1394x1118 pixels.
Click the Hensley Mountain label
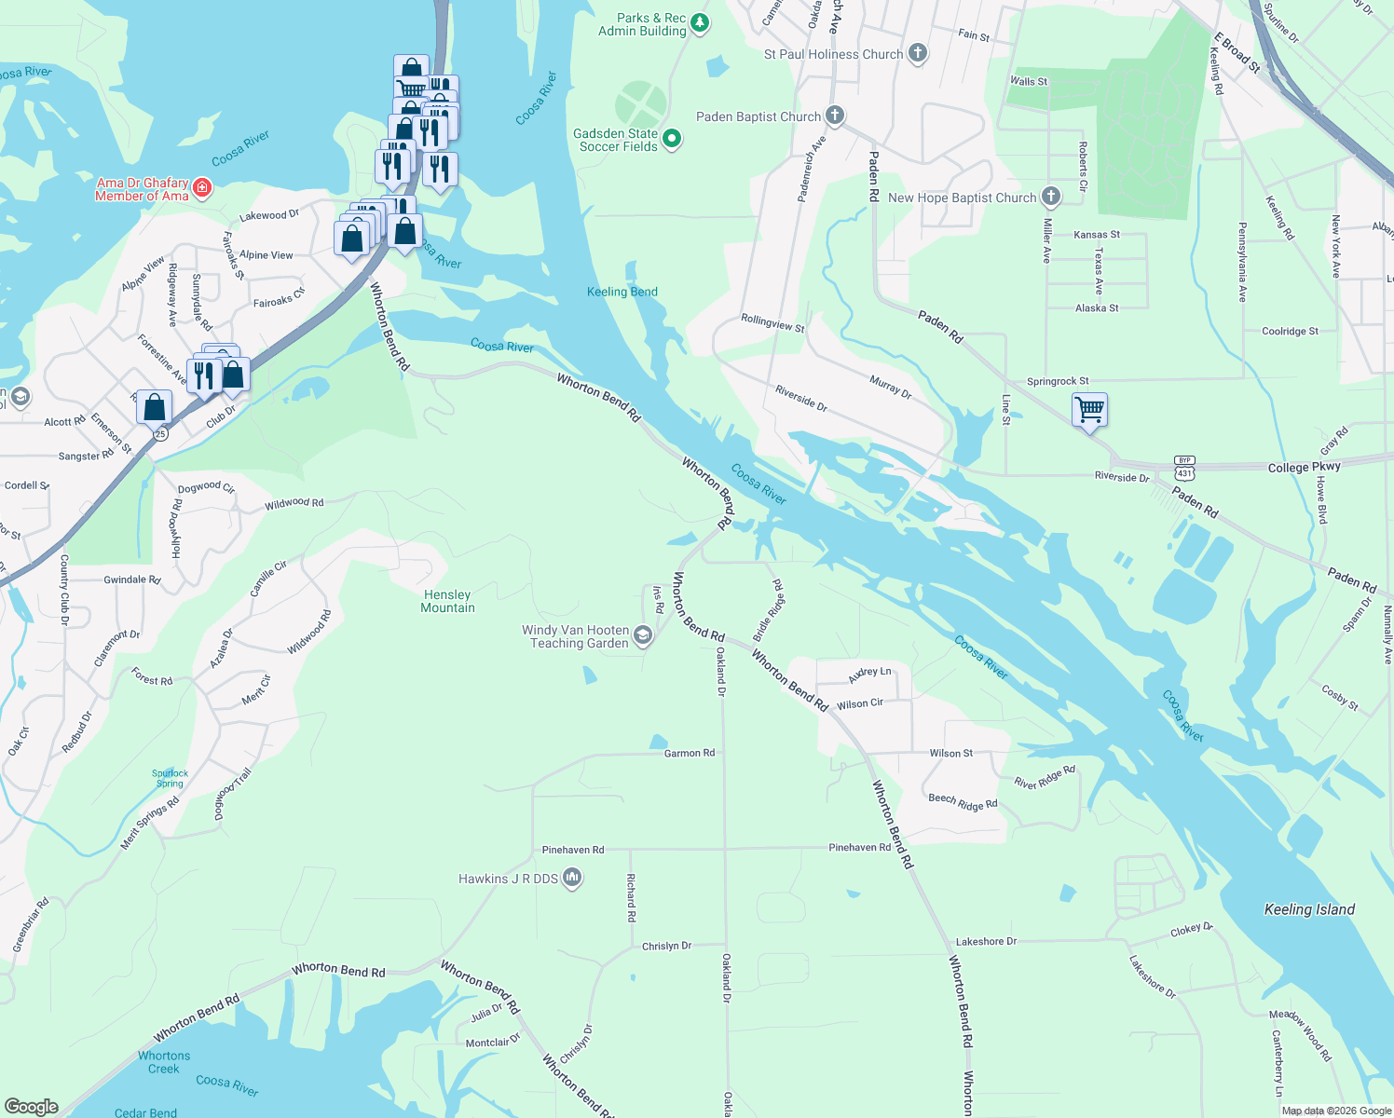pyautogui.click(x=447, y=601)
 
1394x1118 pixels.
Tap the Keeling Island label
pyautogui.click(x=1309, y=909)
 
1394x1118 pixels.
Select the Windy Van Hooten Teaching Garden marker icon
pyautogui.click(x=642, y=635)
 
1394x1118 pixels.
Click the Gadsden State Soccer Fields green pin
pyautogui.click(x=671, y=140)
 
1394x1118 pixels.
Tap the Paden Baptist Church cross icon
pyautogui.click(x=835, y=116)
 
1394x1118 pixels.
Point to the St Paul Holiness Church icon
pyautogui.click(x=918, y=53)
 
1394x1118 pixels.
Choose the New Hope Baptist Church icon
pyautogui.click(x=1051, y=197)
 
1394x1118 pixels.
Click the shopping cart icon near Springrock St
pyautogui.click(x=1089, y=409)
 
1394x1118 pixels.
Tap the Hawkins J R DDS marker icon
pyautogui.click(x=572, y=878)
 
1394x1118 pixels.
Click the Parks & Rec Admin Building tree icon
pyautogui.click(x=700, y=23)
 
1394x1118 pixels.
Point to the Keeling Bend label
pyautogui.click(x=622, y=292)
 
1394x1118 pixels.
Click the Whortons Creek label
pyautogui.click(x=164, y=1062)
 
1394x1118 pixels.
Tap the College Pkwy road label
pyautogui.click(x=1304, y=467)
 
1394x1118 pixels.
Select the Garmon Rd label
pyautogui.click(x=690, y=753)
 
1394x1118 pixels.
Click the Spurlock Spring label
pyautogui.click(x=170, y=778)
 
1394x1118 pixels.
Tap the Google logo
pyautogui.click(x=32, y=1106)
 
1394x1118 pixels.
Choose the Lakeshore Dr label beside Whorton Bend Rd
pyautogui.click(x=986, y=941)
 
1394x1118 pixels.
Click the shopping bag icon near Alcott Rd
pyautogui.click(x=155, y=407)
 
